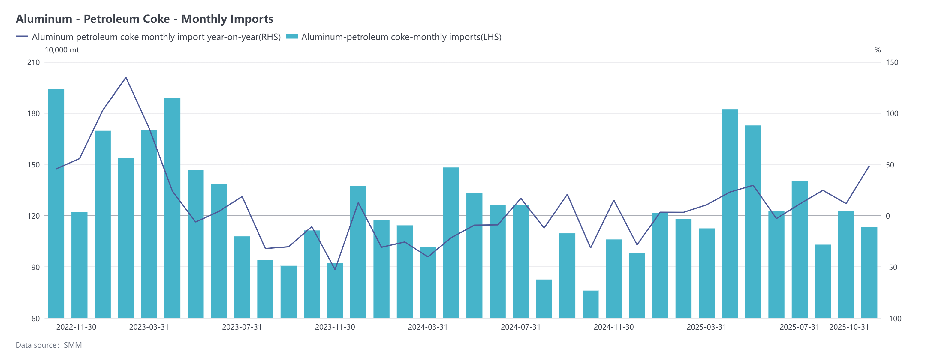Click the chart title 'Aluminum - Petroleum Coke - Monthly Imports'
(144, 19)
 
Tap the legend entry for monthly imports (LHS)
(393, 37)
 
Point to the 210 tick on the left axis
(33, 62)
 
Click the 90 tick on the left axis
(35, 267)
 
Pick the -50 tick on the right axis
(891, 267)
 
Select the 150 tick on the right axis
(892, 62)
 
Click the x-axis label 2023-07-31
(242, 327)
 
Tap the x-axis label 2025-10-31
(849, 327)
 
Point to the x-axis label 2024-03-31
(428, 327)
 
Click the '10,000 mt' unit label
(62, 50)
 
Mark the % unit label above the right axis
(877, 50)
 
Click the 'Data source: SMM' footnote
(49, 345)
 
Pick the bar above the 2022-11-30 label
(79, 265)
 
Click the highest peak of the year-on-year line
(126, 77)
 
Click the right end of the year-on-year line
(869, 166)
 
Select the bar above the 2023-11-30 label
(335, 291)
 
